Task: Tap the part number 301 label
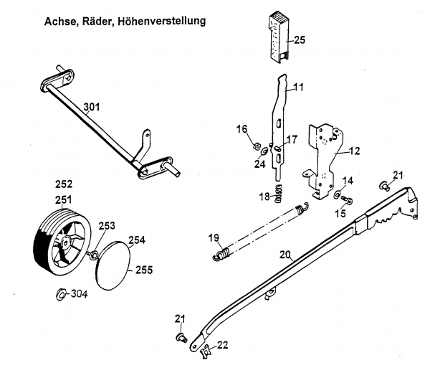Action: pyautogui.click(x=91, y=108)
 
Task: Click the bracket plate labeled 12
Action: pyautogui.click(x=322, y=158)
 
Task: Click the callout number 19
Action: pyautogui.click(x=213, y=238)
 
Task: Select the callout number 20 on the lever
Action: pyautogui.click(x=285, y=254)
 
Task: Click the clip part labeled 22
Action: pyautogui.click(x=206, y=349)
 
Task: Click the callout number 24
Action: pyautogui.click(x=260, y=163)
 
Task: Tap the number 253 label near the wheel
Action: pyautogui.click(x=107, y=225)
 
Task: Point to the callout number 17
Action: pyautogui.click(x=291, y=139)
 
